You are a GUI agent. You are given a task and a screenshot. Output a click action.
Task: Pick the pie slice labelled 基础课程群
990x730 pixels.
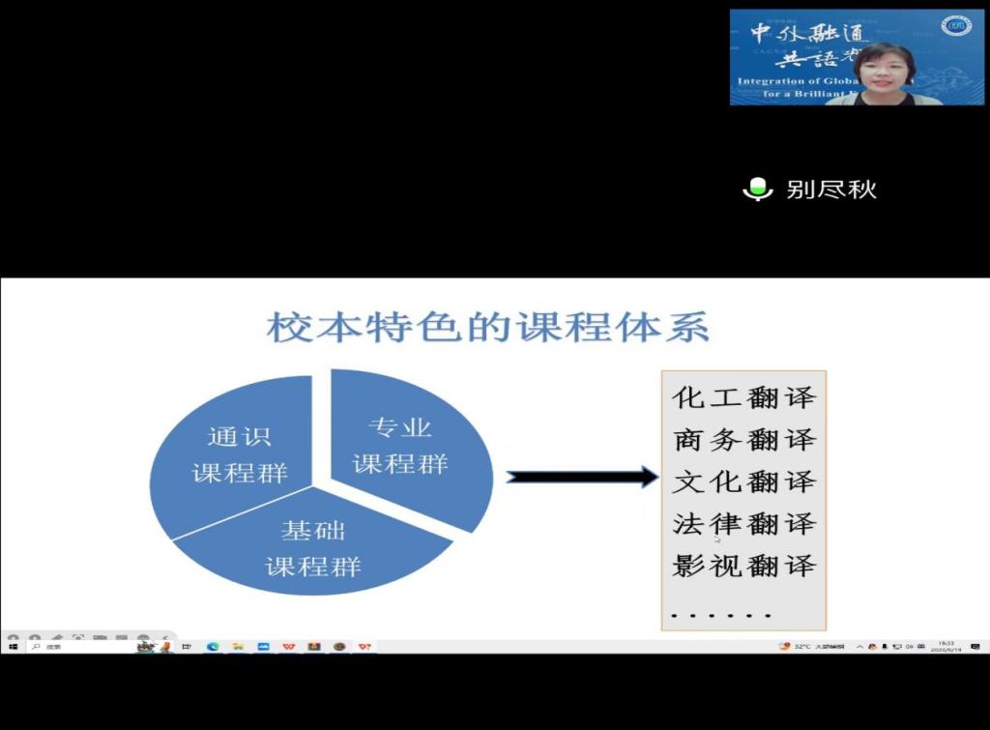312,549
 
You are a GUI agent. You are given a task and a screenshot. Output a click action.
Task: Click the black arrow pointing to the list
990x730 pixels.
581,476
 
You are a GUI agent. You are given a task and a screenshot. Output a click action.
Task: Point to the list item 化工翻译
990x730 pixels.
743,397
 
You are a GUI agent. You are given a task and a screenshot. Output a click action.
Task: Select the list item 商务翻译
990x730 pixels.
743,440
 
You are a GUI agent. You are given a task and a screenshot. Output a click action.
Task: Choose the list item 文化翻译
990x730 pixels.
743,482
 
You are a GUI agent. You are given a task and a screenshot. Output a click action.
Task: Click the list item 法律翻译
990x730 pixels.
743,524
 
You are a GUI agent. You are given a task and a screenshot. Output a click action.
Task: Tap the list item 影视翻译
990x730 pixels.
743,566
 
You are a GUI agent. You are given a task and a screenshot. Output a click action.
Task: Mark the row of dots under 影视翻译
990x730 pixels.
721,614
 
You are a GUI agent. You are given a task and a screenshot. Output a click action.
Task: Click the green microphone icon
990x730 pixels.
757,190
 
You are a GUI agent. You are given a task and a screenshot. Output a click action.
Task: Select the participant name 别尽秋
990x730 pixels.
831,190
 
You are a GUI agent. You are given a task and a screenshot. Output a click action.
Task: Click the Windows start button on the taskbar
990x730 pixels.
14,646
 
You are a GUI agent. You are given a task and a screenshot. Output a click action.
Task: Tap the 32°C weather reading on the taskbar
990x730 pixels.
801,646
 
